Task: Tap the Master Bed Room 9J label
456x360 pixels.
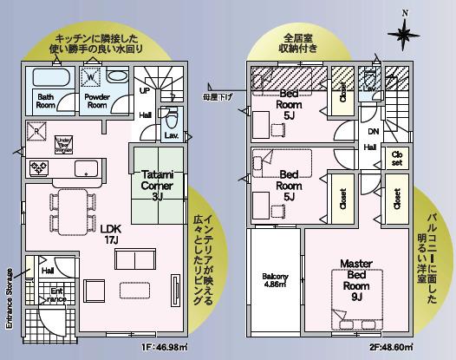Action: [356, 279]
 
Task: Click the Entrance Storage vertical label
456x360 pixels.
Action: [10, 296]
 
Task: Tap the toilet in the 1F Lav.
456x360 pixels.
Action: [172, 117]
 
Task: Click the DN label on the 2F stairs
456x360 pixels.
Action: [373, 132]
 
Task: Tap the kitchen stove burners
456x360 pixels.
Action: [38, 166]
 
